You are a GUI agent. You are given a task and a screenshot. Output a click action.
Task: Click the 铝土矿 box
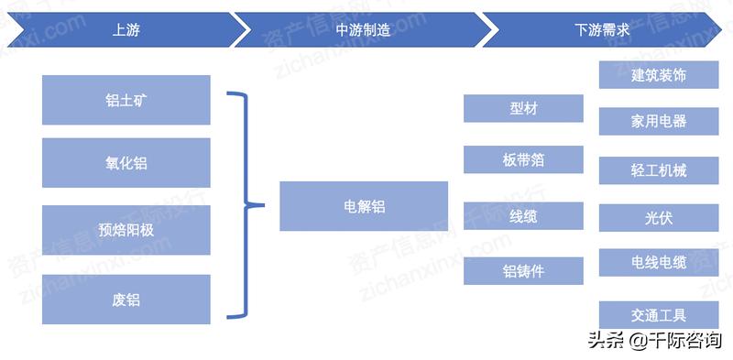(126, 100)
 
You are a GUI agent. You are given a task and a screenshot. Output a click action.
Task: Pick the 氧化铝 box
(126, 163)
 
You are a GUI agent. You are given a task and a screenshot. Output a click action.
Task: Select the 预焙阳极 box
(126, 230)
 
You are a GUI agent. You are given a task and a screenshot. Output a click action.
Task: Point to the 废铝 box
(126, 299)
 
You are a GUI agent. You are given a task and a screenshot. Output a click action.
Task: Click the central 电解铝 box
(364, 206)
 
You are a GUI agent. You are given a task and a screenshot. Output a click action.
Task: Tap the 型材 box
(523, 108)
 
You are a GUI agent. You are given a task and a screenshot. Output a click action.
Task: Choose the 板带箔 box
(523, 159)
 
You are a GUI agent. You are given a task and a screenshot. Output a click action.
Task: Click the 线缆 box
(523, 215)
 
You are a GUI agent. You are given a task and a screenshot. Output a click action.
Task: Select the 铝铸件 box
(523, 270)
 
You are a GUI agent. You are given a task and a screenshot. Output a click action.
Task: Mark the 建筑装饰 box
(659, 75)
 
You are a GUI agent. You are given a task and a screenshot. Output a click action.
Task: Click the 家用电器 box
(659, 121)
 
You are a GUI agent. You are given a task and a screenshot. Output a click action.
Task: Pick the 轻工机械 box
(659, 169)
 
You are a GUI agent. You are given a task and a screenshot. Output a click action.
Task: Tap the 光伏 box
(659, 217)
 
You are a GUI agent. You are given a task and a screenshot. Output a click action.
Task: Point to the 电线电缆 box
(659, 263)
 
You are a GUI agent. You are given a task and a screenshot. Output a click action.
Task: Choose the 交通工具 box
(659, 315)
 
